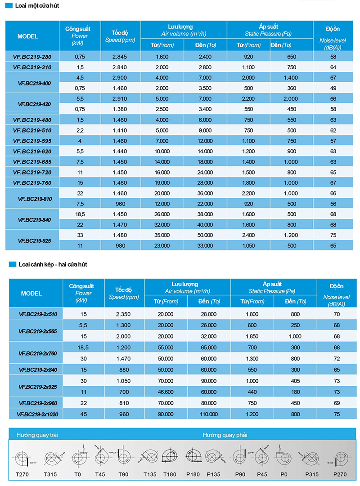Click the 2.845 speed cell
pos(120,57)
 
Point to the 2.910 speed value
pos(120,98)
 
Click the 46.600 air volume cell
pos(166,392)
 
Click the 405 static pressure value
pos(295,380)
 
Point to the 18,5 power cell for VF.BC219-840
pos(80,214)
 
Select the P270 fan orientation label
pos(339,474)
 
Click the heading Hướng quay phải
pos(225,435)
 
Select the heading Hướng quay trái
pos(37,435)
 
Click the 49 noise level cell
pos(333,88)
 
